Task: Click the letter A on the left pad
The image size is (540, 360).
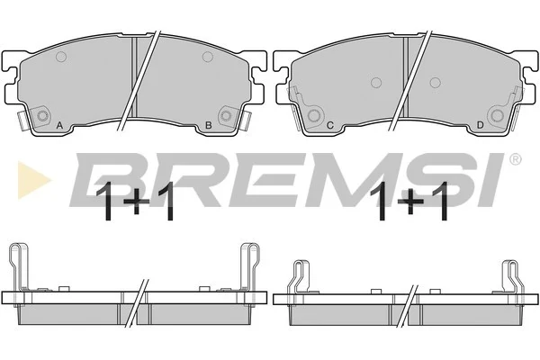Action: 59,125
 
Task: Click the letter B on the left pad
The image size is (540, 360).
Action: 209,125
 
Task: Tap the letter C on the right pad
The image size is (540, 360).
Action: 330,125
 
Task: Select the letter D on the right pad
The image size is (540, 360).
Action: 480,125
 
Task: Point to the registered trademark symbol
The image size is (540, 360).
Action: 515,159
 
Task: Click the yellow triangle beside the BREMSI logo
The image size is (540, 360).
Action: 34,180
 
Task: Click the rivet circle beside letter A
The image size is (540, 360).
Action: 42,116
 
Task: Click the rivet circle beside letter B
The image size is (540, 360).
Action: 226,115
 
